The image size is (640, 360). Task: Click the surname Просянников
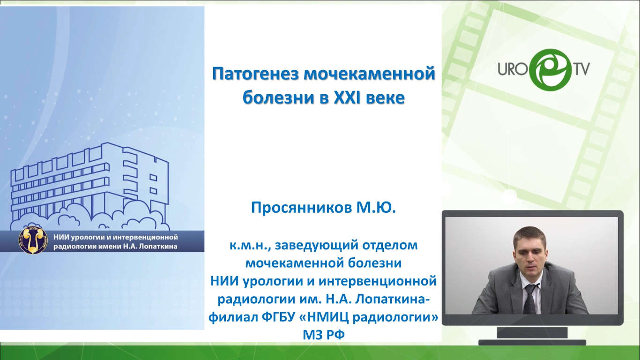(x=301, y=208)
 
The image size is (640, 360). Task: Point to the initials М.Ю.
(x=376, y=208)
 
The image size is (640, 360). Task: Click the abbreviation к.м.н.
(x=250, y=246)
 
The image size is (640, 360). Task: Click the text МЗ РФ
(x=324, y=335)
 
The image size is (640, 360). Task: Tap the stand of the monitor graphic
(x=532, y=336)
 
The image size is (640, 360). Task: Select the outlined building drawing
(x=90, y=187)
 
